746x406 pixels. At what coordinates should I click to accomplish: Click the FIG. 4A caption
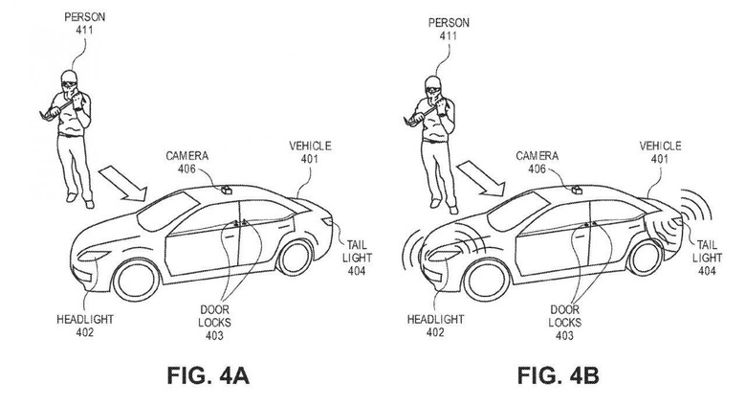[x=208, y=375]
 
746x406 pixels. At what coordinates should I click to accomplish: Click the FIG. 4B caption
[x=559, y=375]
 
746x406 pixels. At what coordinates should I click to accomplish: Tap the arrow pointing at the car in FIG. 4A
[x=122, y=183]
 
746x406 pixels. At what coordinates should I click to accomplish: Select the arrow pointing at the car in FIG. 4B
[x=480, y=178]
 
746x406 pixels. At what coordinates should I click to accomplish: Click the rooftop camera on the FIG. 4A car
[x=226, y=190]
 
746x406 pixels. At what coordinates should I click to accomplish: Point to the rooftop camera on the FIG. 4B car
[x=577, y=190]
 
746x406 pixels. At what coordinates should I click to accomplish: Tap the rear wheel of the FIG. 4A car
[x=295, y=258]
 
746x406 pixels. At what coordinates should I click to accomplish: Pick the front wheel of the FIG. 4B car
[x=486, y=280]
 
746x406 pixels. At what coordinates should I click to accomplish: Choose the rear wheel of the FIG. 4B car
[x=646, y=258]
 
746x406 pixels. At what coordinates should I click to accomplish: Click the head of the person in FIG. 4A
[x=70, y=81]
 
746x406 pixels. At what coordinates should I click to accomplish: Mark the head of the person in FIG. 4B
[x=433, y=86]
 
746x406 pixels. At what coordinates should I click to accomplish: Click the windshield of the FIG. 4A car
[x=167, y=210]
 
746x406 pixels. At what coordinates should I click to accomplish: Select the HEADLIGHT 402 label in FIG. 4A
[x=85, y=326]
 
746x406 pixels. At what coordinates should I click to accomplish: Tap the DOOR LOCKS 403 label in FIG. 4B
[x=564, y=323]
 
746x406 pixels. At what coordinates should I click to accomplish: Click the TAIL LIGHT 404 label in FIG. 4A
[x=357, y=258]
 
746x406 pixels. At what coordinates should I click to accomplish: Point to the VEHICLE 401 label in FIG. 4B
[x=660, y=152]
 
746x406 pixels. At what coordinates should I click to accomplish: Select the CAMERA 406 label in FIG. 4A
[x=186, y=162]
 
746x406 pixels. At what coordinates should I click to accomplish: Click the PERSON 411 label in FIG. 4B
[x=449, y=29]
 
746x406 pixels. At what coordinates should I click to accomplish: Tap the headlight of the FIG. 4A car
[x=94, y=256]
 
